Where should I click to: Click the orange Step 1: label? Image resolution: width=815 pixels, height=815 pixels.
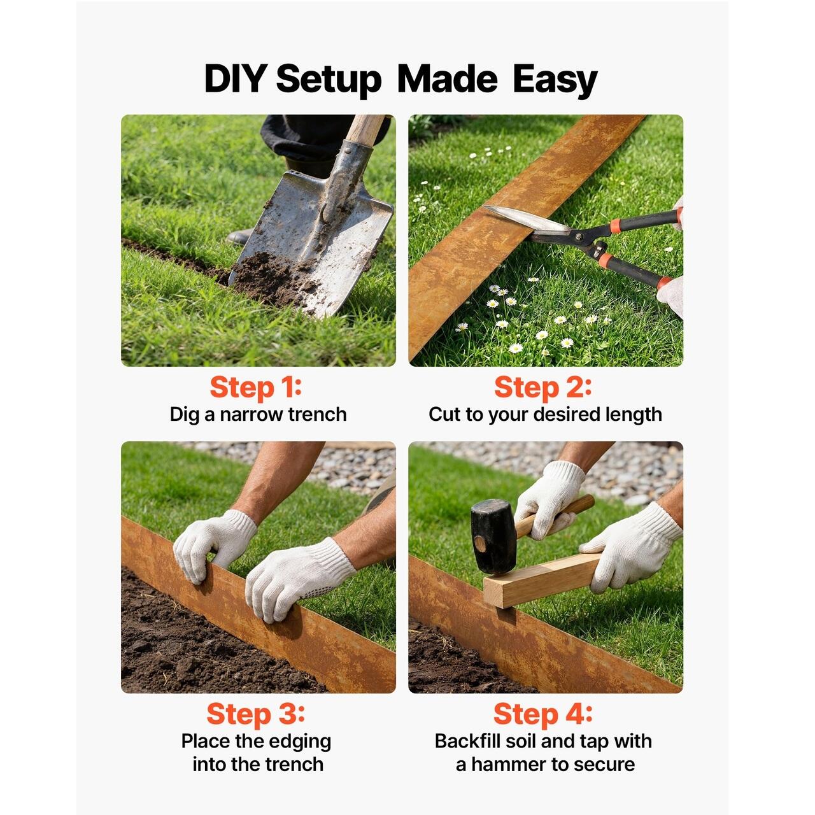click(x=255, y=388)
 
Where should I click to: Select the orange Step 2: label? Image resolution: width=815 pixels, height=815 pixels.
click(x=543, y=388)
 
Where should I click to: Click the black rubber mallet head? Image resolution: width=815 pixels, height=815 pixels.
click(x=493, y=536)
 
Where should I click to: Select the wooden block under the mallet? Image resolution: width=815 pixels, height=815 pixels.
click(x=544, y=579)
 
